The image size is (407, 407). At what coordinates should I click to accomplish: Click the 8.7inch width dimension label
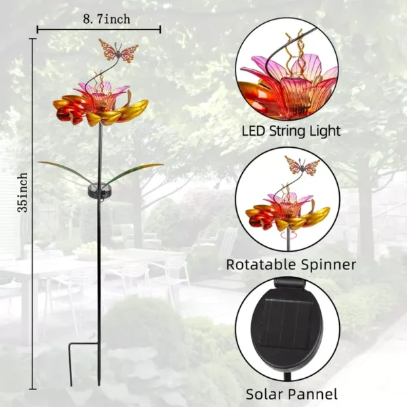[106, 19]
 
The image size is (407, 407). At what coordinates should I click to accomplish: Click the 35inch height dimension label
[22, 193]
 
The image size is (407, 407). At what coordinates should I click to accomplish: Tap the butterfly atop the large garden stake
[118, 51]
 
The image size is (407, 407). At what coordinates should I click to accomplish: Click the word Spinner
[328, 265]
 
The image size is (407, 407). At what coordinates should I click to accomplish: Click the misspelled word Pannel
[311, 393]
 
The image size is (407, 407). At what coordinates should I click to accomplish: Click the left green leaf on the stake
[65, 172]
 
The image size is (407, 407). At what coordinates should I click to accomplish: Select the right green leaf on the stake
[135, 172]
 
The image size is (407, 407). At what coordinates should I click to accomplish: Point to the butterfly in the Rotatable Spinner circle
[302, 166]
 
